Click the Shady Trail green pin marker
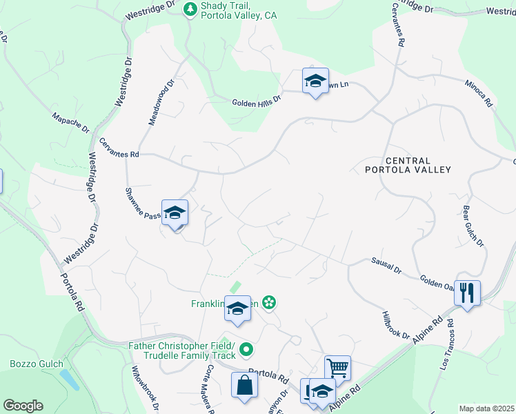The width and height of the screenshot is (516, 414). (190, 10)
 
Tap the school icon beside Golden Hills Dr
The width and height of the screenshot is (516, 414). (315, 81)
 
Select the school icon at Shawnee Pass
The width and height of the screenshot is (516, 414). (175, 213)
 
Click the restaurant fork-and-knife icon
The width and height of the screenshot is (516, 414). (467, 293)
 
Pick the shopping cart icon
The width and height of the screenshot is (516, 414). (337, 368)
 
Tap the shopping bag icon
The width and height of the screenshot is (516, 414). (245, 386)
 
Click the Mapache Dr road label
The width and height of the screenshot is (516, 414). (71, 120)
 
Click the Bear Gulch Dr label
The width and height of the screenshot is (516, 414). (473, 225)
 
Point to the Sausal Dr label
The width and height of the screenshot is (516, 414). (386, 265)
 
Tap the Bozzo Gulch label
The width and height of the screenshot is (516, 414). (37, 364)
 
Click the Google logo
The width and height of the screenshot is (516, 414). (23, 406)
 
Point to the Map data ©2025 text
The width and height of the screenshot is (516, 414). (486, 408)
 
